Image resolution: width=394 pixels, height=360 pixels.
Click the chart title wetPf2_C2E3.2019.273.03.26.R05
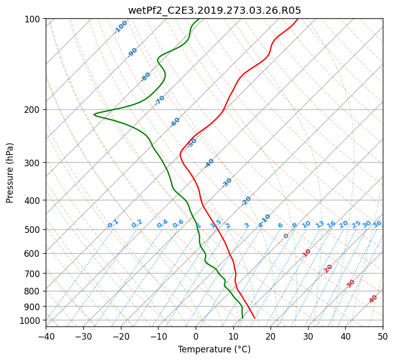pyautogui.click(x=215, y=10)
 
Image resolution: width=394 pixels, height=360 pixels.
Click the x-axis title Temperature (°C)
pyautogui.click(x=214, y=349)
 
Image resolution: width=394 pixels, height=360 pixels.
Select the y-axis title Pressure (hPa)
pyautogui.click(x=10, y=173)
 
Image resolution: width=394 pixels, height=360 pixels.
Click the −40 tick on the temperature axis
pyautogui.click(x=46, y=336)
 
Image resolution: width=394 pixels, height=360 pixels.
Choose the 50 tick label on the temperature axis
pyautogui.click(x=383, y=336)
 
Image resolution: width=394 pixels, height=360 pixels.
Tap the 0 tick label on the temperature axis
pyautogui.click(x=196, y=336)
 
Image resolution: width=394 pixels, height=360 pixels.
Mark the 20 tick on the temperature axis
pyautogui.click(x=270, y=336)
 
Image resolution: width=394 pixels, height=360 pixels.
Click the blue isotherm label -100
pyautogui.click(x=120, y=26)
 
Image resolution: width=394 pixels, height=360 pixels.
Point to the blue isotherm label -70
pyautogui.click(x=160, y=100)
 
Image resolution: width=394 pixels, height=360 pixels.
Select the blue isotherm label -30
pyautogui.click(x=227, y=182)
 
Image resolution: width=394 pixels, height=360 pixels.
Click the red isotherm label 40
pyautogui.click(x=373, y=298)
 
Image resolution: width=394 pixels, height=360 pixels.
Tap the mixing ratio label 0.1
pyautogui.click(x=113, y=223)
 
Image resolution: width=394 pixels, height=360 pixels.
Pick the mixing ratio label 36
pyautogui.click(x=377, y=224)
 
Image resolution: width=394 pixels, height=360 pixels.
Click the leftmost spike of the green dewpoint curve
pyautogui.click(x=94, y=114)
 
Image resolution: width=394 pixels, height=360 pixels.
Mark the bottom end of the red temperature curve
pyautogui.click(x=255, y=318)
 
